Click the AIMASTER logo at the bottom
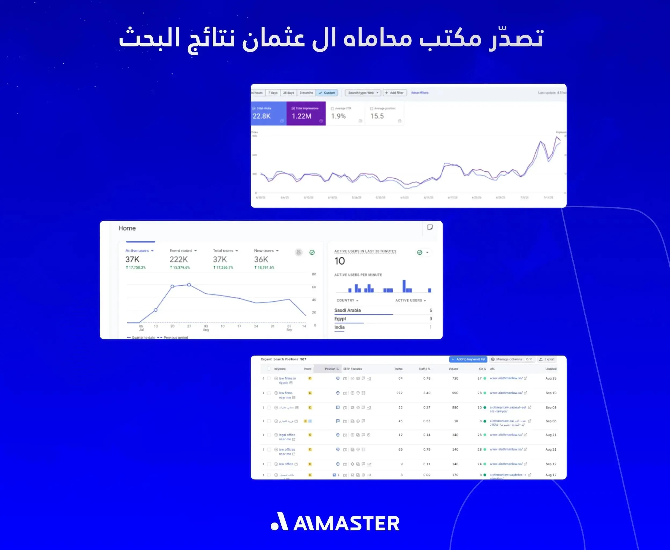pyautogui.click(x=335, y=522)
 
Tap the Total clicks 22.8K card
pyautogui.click(x=268, y=113)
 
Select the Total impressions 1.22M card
pyautogui.click(x=306, y=113)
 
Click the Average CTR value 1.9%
pyautogui.click(x=338, y=116)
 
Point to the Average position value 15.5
pyautogui.click(x=377, y=116)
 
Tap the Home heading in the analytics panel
pyautogui.click(x=127, y=228)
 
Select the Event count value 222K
pyautogui.click(x=178, y=259)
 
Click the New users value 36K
pyautogui.click(x=261, y=259)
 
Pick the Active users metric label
pyautogui.click(x=137, y=251)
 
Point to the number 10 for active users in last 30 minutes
pyautogui.click(x=340, y=261)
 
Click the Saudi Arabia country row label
pyautogui.click(x=347, y=310)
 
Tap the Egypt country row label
pyautogui.click(x=340, y=319)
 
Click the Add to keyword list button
pyautogui.click(x=468, y=359)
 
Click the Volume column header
pyautogui.click(x=453, y=369)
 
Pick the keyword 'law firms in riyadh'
pyautogui.click(x=287, y=380)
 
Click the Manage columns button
pyautogui.click(x=509, y=359)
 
